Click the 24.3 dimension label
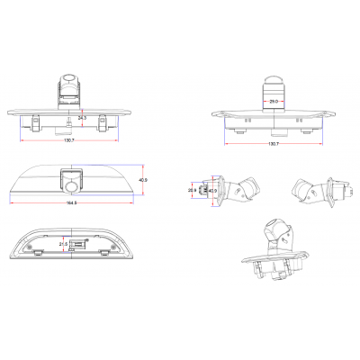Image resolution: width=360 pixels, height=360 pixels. tap(82, 118)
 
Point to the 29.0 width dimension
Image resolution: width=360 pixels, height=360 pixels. tap(274, 102)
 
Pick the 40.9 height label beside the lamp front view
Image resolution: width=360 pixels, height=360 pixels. tap(143, 181)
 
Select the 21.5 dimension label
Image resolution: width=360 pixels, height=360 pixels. tap(62, 244)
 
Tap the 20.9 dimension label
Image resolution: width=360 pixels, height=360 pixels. tap(192, 190)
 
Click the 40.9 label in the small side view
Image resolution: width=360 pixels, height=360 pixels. tap(212, 190)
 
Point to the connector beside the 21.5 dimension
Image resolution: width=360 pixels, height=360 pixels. tap(79, 244)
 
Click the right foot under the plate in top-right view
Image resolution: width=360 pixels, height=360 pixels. tap(307, 130)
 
